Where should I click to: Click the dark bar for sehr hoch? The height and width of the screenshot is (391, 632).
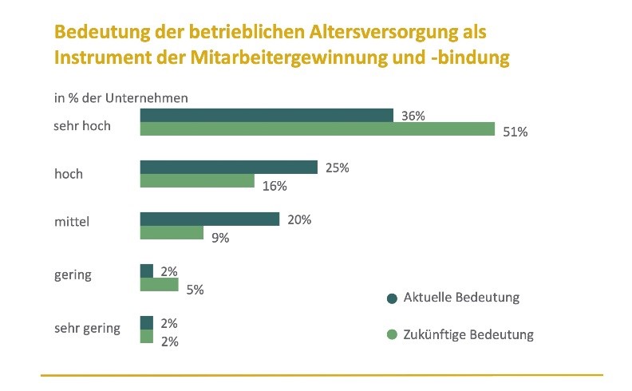pyautogui.click(x=267, y=116)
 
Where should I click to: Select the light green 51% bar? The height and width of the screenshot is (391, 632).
pyautogui.click(x=318, y=130)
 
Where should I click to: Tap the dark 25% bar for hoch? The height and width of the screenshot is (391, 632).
pyautogui.click(x=229, y=167)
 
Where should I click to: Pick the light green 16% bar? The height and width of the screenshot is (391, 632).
pyautogui.click(x=197, y=181)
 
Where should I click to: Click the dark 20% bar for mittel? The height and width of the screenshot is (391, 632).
pyautogui.click(x=210, y=219)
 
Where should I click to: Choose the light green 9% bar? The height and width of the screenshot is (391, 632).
pyautogui.click(x=172, y=233)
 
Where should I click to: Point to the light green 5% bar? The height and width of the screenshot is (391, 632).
pyautogui.click(x=159, y=285)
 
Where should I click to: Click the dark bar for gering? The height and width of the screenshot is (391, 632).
pyautogui.click(x=146, y=271)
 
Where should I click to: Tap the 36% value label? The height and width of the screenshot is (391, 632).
pyautogui.click(x=413, y=116)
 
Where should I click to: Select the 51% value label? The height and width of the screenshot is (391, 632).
pyautogui.click(x=515, y=132)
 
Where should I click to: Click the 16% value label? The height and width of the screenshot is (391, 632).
pyautogui.click(x=275, y=186)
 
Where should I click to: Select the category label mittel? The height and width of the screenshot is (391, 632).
pyautogui.click(x=71, y=223)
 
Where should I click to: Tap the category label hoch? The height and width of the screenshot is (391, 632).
pyautogui.click(x=68, y=173)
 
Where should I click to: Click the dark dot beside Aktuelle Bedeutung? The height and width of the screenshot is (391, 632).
pyautogui.click(x=391, y=298)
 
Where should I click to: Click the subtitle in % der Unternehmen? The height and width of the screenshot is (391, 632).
pyautogui.click(x=120, y=98)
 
